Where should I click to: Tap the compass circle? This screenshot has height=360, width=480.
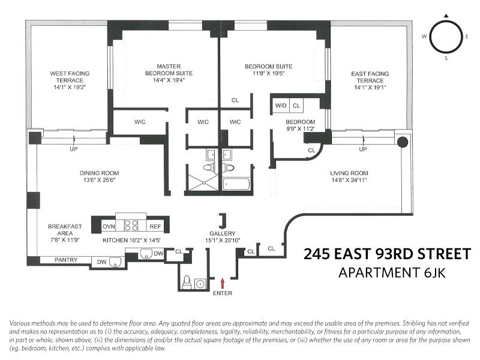[x=445, y=37]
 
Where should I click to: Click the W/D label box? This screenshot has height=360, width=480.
[x=280, y=106]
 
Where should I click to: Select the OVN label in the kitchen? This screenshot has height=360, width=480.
[x=109, y=226]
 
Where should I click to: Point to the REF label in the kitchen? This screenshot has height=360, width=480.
[x=155, y=226]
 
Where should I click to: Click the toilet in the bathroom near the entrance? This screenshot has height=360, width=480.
[x=187, y=282]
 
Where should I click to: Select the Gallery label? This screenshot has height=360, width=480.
[x=222, y=233]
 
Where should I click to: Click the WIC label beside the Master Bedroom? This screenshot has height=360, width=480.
[x=139, y=122]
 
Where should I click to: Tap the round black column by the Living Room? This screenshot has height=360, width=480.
[x=403, y=142]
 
